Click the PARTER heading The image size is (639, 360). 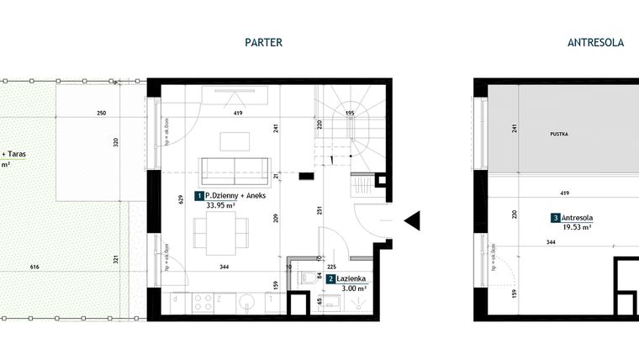[263, 42]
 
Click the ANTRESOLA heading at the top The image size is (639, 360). [595, 42]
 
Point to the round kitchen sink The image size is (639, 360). [246, 301]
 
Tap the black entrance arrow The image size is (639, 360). [412, 220]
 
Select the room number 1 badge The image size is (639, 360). [199, 196]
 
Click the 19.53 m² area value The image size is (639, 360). [577, 227]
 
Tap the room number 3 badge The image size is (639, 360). [556, 218]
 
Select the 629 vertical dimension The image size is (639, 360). [180, 201]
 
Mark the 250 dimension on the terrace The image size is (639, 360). [101, 113]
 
